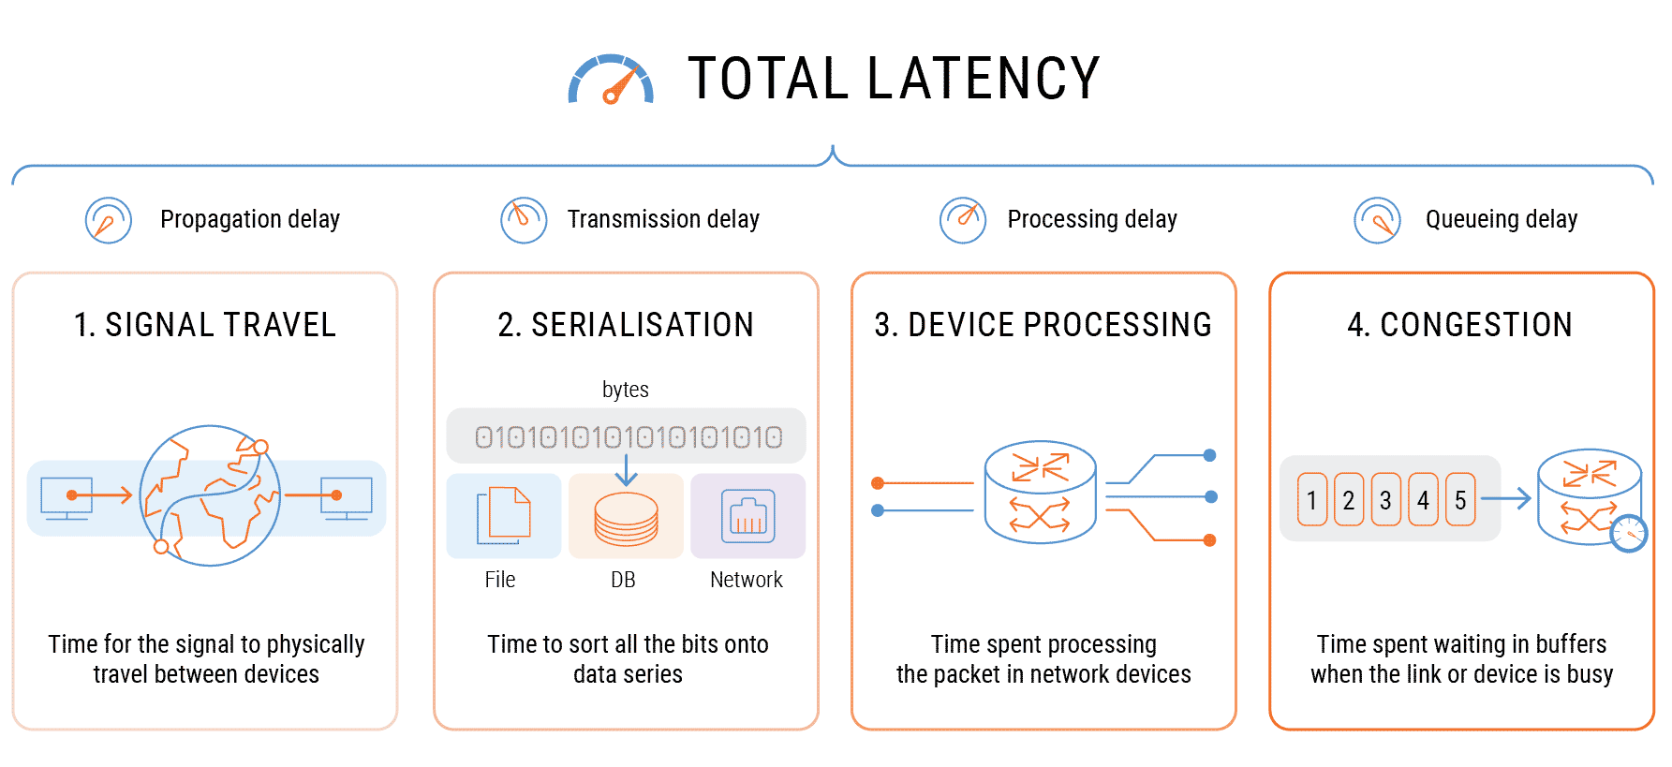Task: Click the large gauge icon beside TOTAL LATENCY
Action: click(x=611, y=81)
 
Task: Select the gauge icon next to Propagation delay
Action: click(x=109, y=220)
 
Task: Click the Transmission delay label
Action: click(x=662, y=219)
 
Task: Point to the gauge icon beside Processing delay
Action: click(x=963, y=220)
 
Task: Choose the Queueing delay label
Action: click(x=1501, y=219)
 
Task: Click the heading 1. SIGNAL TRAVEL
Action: click(x=205, y=325)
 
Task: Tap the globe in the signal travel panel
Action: click(x=210, y=495)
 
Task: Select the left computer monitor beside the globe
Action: click(x=67, y=497)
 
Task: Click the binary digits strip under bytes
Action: click(x=627, y=436)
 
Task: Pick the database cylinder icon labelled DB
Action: click(x=626, y=520)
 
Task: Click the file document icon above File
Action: click(x=503, y=515)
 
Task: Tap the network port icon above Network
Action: click(x=747, y=516)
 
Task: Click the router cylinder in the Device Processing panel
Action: click(x=1040, y=492)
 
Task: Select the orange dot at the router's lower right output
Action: click(x=1209, y=540)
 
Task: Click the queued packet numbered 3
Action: click(x=1385, y=500)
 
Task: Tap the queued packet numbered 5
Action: click(x=1459, y=500)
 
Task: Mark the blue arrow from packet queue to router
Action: click(x=1505, y=499)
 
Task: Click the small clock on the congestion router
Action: click(x=1629, y=533)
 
